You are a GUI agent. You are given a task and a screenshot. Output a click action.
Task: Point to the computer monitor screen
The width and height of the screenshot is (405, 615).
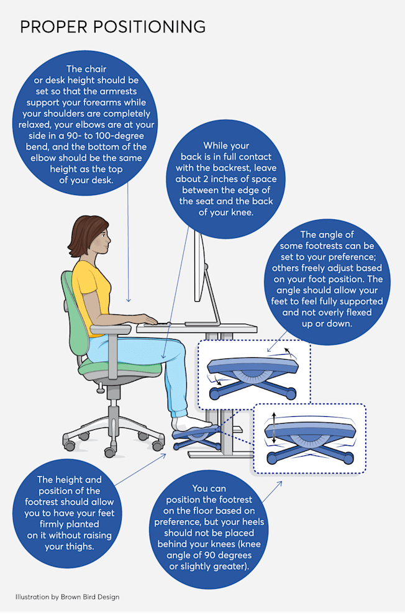pyautogui.click(x=199, y=266)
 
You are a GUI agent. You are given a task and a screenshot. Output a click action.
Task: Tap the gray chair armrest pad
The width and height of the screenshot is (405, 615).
pyautogui.click(x=110, y=329)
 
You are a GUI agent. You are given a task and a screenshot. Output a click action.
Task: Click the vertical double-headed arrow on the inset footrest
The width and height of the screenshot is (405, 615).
pyautogui.click(x=274, y=428)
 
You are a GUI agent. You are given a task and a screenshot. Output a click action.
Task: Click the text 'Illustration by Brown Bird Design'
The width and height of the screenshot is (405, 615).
pyautogui.click(x=67, y=597)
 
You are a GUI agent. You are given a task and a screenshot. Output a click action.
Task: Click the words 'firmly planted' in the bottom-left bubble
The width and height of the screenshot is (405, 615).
pyautogui.click(x=70, y=524)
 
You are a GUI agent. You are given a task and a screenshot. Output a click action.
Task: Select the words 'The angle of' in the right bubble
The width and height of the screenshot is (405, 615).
pyautogui.click(x=327, y=235)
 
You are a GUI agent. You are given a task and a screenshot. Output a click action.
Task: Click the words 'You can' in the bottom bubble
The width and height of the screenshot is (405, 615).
pyautogui.click(x=209, y=488)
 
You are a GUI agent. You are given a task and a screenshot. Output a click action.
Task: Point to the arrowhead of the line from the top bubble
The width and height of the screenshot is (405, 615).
pyautogui.click(x=128, y=299)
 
